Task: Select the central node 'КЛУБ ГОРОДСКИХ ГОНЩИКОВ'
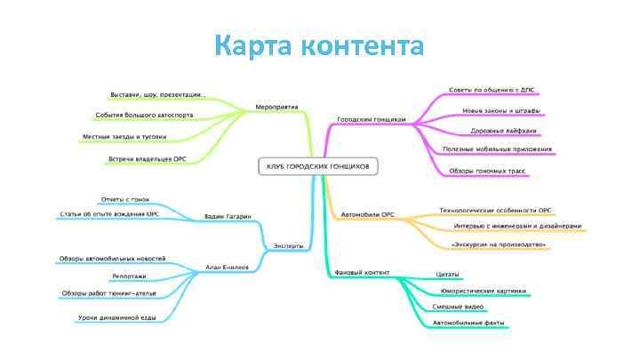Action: (x=318, y=165)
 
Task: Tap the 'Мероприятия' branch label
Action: (x=276, y=107)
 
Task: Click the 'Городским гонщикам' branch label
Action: (x=372, y=118)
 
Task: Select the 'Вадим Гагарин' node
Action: (x=228, y=216)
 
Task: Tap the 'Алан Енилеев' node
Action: (x=227, y=266)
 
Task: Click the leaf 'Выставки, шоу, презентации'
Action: (x=157, y=94)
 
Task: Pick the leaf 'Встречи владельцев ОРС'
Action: (x=147, y=159)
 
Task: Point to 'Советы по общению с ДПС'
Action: (x=492, y=90)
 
